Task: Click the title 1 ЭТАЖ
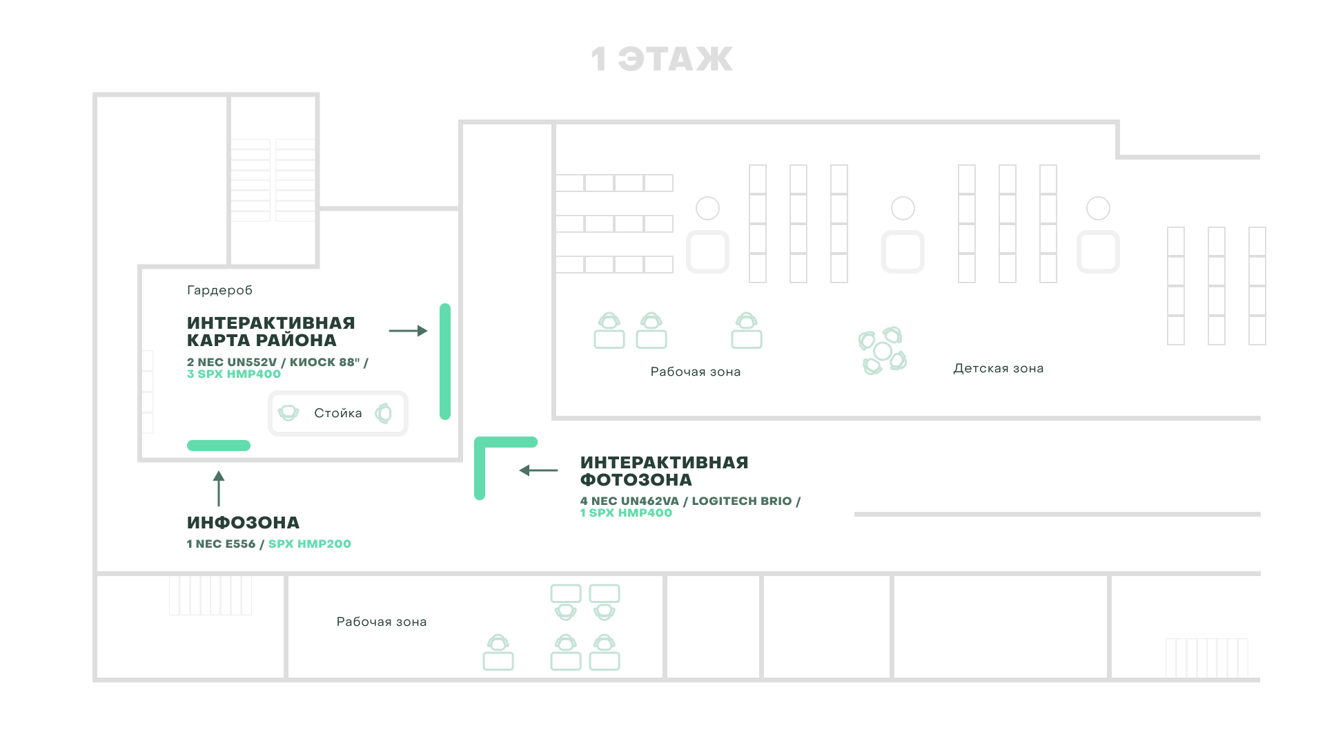(x=662, y=59)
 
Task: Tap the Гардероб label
(x=219, y=290)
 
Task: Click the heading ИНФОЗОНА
(x=243, y=523)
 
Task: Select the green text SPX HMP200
(x=310, y=544)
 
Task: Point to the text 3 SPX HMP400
(x=234, y=374)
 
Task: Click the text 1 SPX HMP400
(x=626, y=513)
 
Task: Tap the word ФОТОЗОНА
(x=636, y=480)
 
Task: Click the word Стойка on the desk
(x=338, y=413)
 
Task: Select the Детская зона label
(x=999, y=369)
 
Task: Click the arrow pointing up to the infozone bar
(x=219, y=488)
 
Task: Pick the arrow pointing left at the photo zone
(x=538, y=470)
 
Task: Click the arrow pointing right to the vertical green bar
(x=409, y=331)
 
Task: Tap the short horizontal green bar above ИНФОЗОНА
(x=219, y=446)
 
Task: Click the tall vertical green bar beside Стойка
(x=445, y=361)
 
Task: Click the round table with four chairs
(x=883, y=351)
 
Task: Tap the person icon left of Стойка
(x=288, y=413)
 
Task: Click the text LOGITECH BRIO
(x=742, y=501)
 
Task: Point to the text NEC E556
(x=226, y=544)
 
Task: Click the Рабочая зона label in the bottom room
(x=382, y=622)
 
